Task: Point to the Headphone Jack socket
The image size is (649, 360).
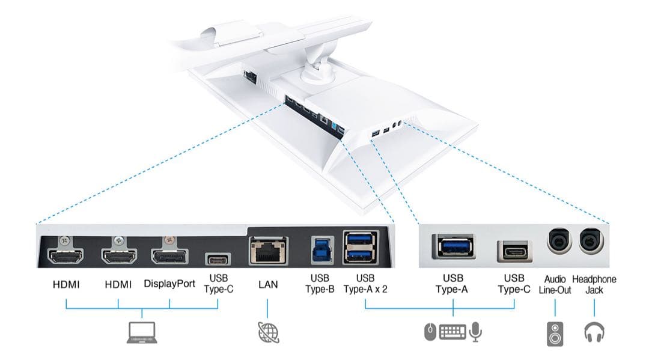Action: tap(592, 243)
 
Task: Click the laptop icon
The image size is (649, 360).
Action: tap(141, 332)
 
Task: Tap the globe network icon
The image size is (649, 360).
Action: tap(268, 332)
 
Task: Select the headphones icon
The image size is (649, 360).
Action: tap(594, 332)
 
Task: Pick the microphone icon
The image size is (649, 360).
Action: tap(476, 332)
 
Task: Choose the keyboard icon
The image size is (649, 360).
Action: tap(452, 332)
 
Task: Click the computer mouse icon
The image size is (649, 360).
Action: tap(429, 332)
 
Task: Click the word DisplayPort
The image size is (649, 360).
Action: tap(169, 284)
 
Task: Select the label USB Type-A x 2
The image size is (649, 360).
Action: tap(365, 284)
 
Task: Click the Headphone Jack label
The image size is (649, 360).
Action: tap(594, 284)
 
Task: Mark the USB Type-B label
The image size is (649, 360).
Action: tap(318, 284)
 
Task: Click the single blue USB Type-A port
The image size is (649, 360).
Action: tap(452, 247)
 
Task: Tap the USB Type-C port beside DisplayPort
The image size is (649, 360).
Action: tap(217, 259)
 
